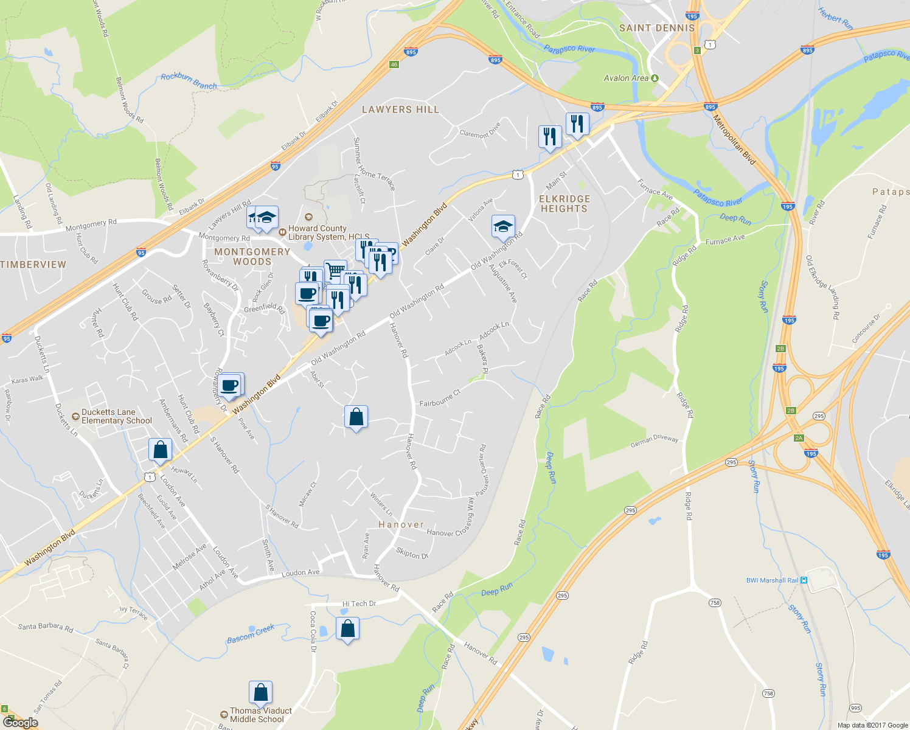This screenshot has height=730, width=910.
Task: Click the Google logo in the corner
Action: click(x=20, y=723)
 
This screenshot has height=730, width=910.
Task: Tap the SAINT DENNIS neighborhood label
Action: click(x=656, y=28)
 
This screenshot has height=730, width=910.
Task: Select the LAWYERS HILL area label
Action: click(x=400, y=109)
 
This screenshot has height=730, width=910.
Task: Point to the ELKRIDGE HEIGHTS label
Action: click(x=564, y=204)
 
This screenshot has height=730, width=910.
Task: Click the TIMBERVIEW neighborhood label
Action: click(x=33, y=265)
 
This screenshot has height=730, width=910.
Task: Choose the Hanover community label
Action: click(x=401, y=524)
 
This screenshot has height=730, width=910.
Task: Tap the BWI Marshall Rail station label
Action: click(x=772, y=580)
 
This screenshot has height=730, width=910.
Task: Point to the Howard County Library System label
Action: click(x=325, y=232)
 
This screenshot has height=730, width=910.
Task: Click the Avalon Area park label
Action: click(x=626, y=78)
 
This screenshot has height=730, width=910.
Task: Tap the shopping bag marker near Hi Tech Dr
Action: click(x=347, y=629)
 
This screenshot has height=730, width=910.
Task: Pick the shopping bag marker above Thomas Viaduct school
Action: click(x=260, y=693)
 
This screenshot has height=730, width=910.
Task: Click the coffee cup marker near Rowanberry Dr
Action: click(x=231, y=385)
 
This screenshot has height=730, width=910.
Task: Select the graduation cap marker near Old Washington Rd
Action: click(x=503, y=227)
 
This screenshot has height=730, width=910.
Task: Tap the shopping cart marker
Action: click(x=335, y=269)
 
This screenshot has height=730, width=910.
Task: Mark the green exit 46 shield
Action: click(x=394, y=64)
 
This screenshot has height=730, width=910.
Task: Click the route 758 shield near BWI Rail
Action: click(x=714, y=603)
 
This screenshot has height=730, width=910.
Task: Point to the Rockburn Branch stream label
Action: click(x=189, y=82)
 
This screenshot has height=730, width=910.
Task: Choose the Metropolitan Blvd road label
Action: click(x=734, y=140)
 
